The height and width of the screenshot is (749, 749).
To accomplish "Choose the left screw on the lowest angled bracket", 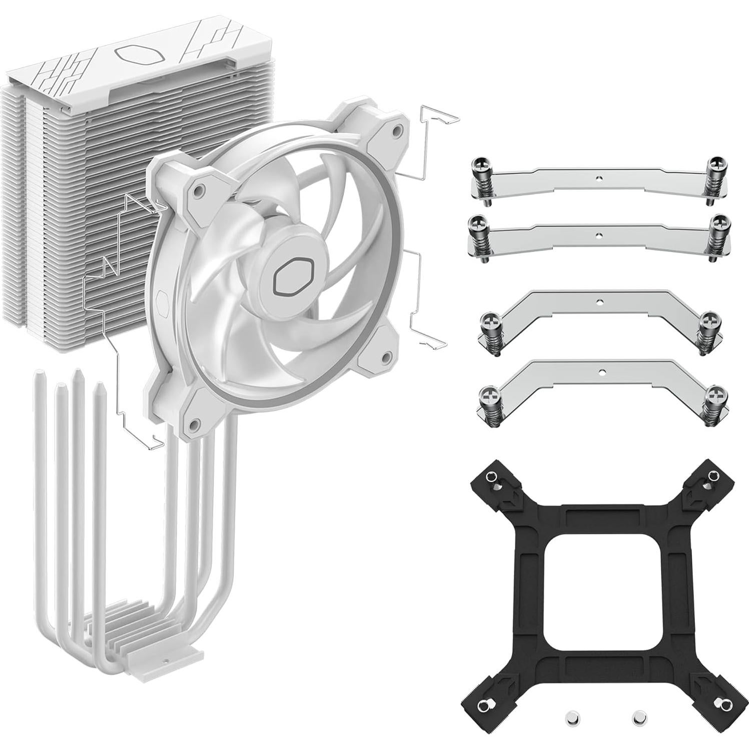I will [487, 394].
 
